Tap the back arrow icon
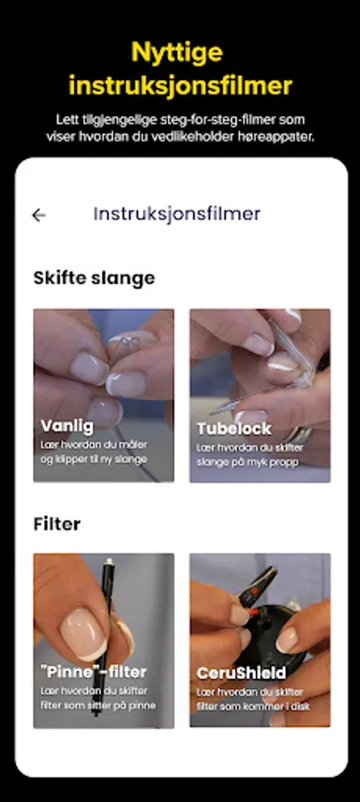point(39,216)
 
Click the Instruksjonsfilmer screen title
point(177,214)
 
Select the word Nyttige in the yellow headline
point(177,53)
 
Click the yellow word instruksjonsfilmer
point(180,86)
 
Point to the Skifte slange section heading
point(94,278)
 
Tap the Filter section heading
point(57,524)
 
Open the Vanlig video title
point(67,426)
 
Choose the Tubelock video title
point(233,429)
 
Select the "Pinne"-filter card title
point(94,672)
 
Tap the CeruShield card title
point(241,673)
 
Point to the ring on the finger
point(299,435)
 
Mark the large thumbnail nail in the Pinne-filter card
point(85,634)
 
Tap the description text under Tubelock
point(250,455)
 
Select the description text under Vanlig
point(94,452)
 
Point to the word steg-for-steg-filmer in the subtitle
point(217,120)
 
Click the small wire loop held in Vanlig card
point(127,341)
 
